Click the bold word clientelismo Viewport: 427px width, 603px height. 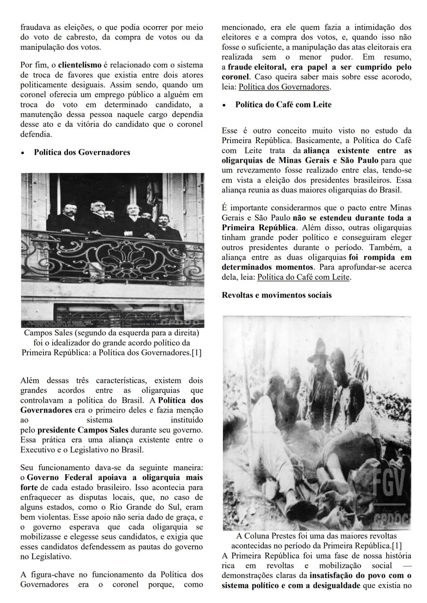[80, 65]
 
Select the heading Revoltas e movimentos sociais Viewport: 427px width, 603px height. [276, 295]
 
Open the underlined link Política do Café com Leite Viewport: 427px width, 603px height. [303, 277]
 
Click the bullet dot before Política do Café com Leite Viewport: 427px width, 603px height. [225, 106]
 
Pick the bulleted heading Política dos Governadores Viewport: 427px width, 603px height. [82, 152]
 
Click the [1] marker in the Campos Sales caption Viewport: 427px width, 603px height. [196, 352]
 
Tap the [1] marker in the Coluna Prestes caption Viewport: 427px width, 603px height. [397, 546]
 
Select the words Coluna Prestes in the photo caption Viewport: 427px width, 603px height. [273, 536]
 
